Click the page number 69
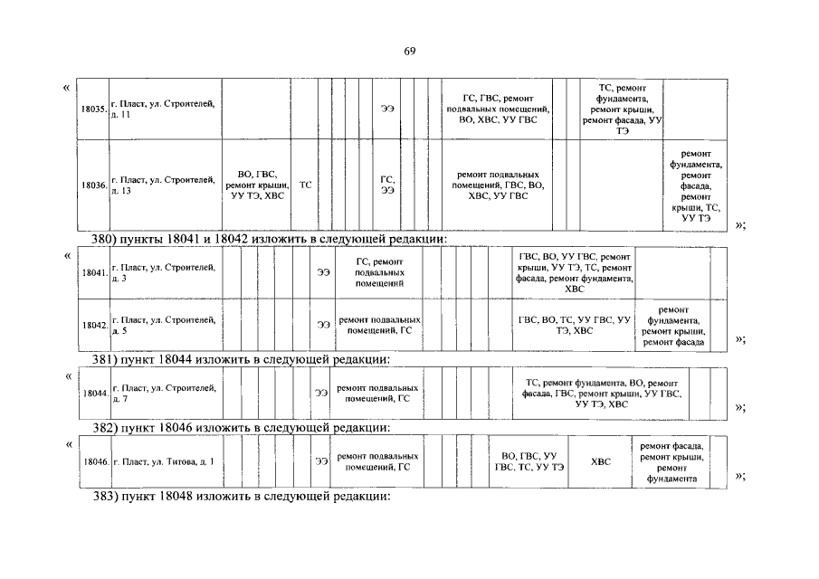coord(410,51)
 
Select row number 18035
coord(94,109)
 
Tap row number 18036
coord(94,185)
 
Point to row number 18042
coord(94,324)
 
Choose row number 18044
coord(94,394)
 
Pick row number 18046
coord(94,461)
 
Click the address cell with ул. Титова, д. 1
coord(164,461)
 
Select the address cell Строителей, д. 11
coord(164,109)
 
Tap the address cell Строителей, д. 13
coord(164,185)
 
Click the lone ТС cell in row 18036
coord(306,185)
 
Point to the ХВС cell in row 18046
coord(601,461)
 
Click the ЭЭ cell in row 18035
coord(387,109)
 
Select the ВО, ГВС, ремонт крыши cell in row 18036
coord(257,185)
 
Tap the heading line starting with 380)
coord(271,239)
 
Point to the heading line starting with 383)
coord(243,497)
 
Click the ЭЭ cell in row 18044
coord(320,394)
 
